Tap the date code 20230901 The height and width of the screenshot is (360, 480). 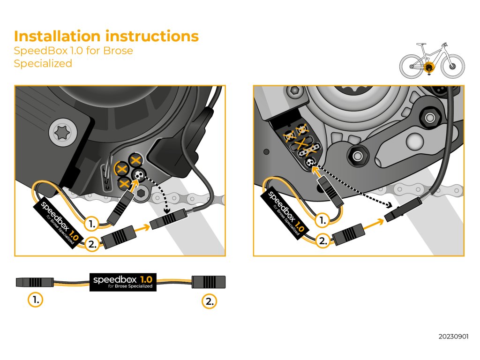point(453,337)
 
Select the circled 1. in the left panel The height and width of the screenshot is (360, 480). point(92,224)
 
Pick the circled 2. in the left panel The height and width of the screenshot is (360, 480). point(92,244)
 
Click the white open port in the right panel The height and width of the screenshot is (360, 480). point(309,162)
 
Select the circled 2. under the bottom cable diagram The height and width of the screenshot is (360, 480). point(210,301)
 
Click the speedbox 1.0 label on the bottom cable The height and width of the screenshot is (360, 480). point(123,282)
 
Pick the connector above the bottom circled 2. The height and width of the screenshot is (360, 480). point(210,282)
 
